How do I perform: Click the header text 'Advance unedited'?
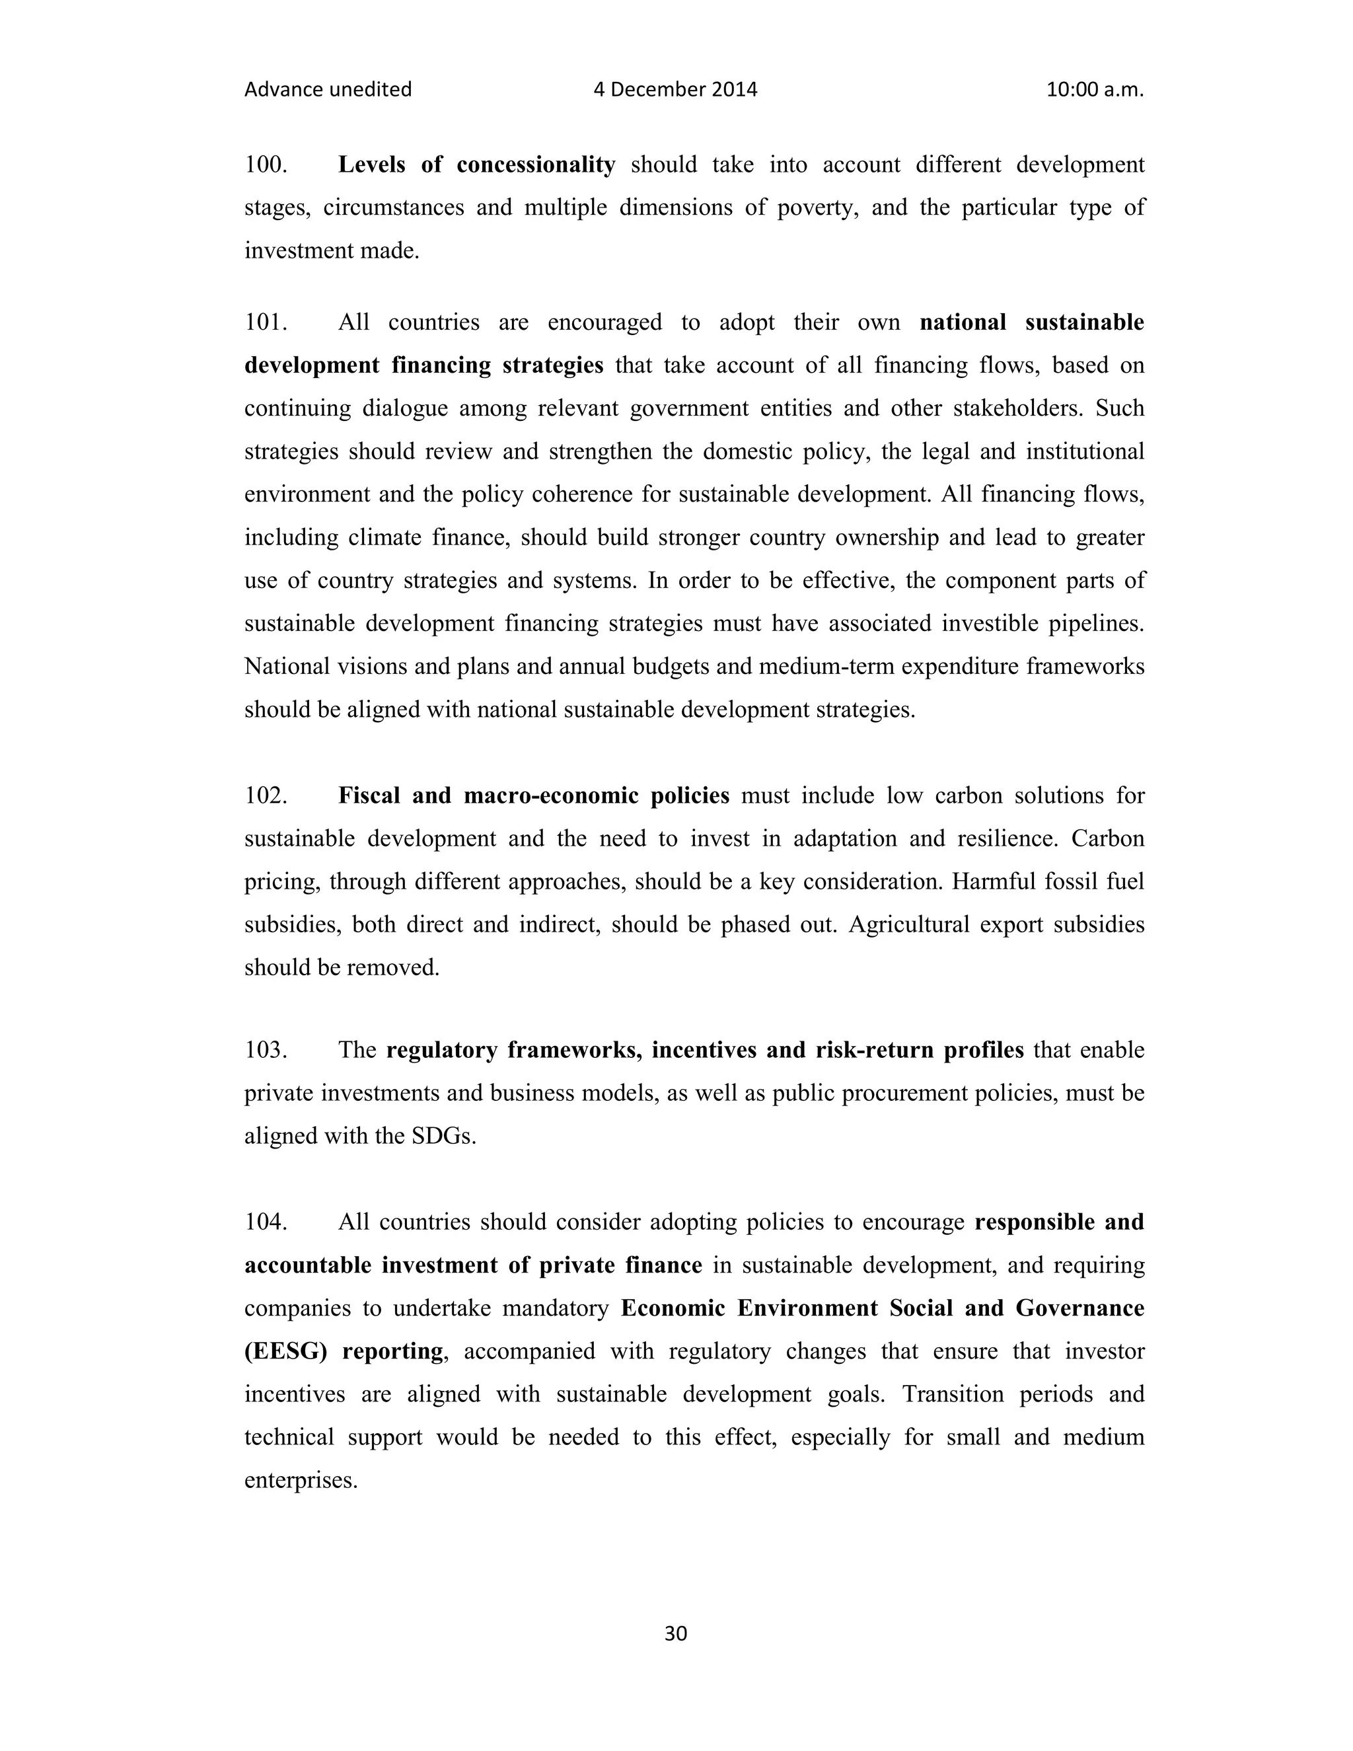click(327, 89)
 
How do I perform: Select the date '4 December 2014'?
click(675, 89)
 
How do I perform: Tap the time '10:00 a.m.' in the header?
click(1094, 89)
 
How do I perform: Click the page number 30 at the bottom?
click(676, 1633)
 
